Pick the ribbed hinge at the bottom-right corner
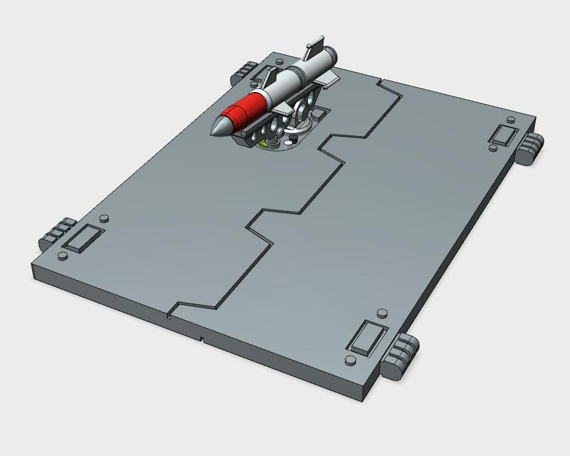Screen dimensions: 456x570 (x=402, y=354)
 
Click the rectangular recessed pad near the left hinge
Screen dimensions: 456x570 (x=83, y=237)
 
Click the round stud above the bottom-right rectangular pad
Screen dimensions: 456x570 (x=382, y=313)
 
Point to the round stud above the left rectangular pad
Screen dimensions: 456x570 (x=104, y=217)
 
